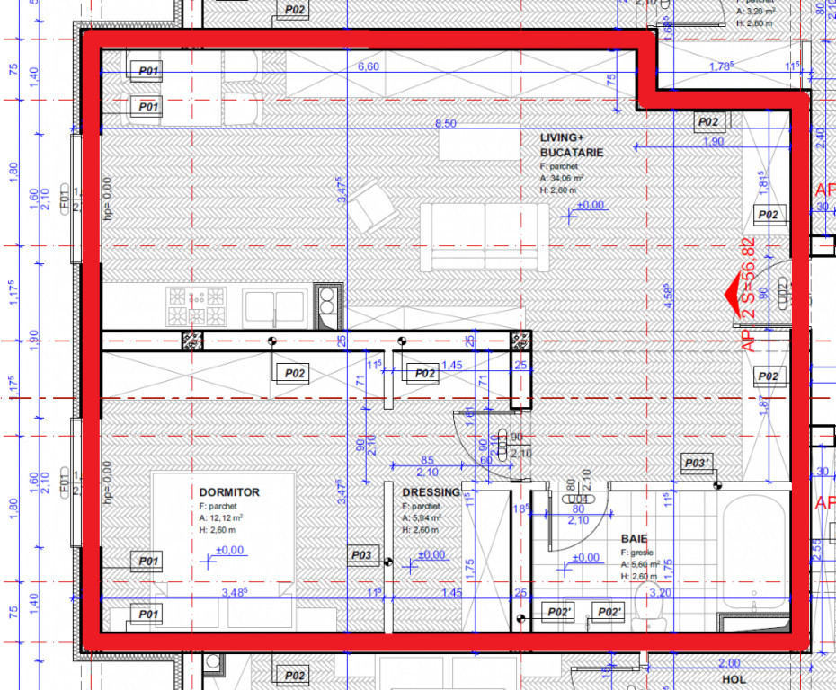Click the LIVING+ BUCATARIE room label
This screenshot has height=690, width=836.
click(571, 145)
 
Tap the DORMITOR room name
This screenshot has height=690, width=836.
click(229, 492)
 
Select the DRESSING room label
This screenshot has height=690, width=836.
click(431, 492)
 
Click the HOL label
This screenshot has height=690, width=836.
click(734, 680)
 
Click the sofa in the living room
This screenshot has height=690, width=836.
click(485, 236)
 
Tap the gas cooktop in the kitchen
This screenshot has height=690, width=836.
click(197, 306)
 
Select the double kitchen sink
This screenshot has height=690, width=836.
click(274, 306)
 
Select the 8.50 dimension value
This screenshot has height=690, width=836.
click(445, 123)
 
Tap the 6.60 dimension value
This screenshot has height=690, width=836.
click(369, 66)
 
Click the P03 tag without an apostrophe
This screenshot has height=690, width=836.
click(361, 555)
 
